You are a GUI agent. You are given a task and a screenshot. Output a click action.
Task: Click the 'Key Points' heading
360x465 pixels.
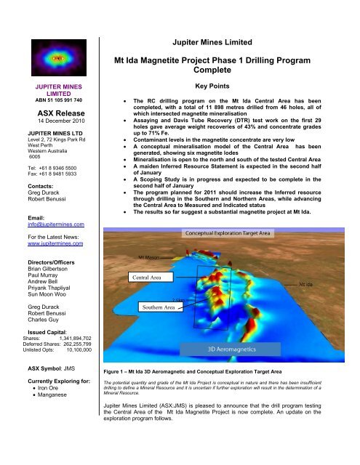(235, 84)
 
